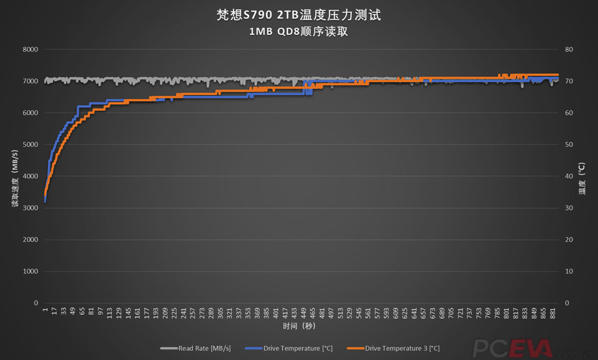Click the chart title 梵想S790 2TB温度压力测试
298,15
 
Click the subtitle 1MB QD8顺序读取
298,32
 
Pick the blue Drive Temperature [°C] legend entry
290,348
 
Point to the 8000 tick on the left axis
30,50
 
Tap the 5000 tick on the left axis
30,144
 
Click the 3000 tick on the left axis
30,208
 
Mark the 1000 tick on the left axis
30,271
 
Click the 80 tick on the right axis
569,50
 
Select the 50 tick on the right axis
569,144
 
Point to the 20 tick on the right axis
569,239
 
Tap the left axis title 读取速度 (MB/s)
14,176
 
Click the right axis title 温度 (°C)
583,176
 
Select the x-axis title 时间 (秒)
298,326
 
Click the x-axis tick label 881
553,313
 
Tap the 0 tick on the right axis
567,303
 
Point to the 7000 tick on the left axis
30,81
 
